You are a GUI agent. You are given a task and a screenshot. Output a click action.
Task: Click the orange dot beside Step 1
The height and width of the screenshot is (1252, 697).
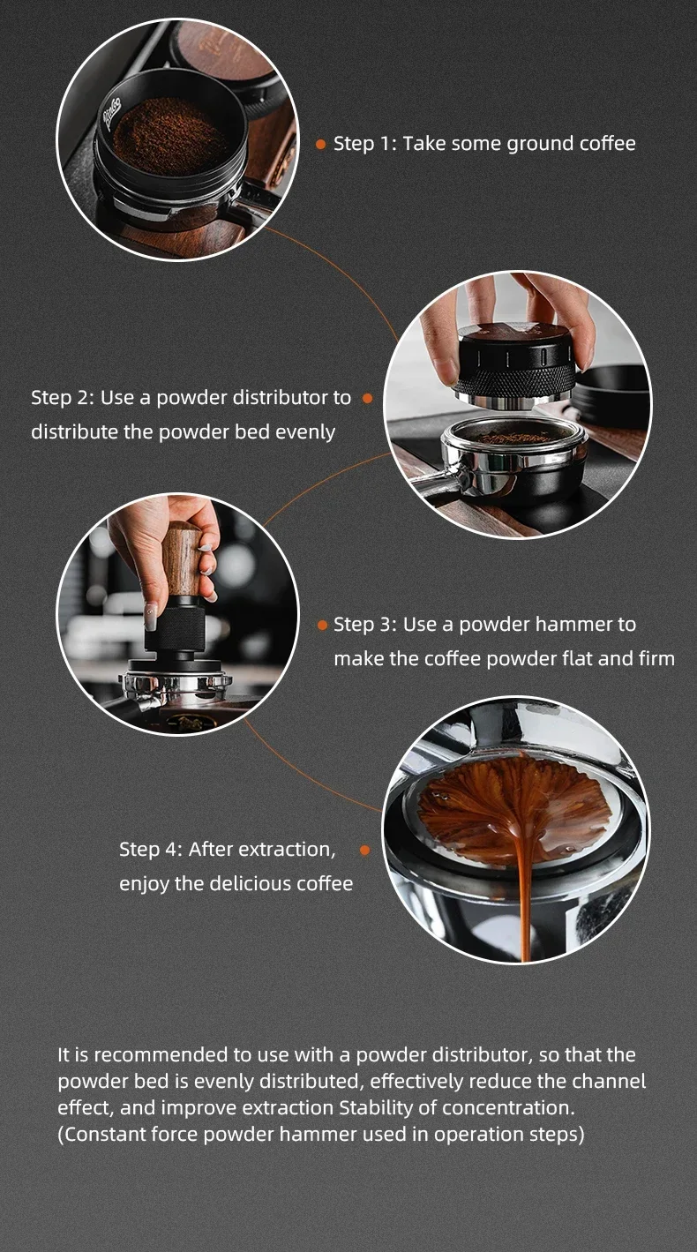pos(320,144)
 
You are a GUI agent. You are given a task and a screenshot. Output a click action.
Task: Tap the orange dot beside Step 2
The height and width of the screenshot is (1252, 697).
pos(367,399)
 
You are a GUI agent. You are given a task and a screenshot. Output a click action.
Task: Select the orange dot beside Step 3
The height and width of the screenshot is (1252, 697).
pos(322,625)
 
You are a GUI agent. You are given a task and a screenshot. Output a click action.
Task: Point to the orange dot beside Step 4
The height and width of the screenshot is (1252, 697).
pos(364,851)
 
